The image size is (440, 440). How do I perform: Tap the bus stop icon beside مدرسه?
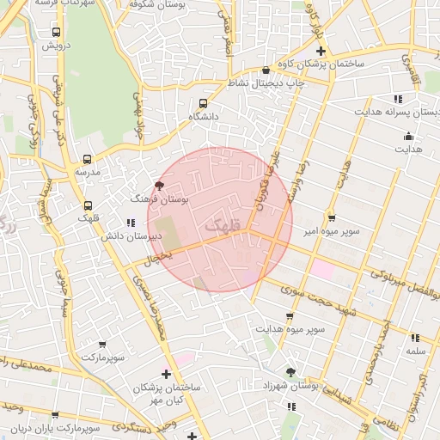pyautogui.click(x=87, y=159)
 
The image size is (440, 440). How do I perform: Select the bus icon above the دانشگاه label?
pyautogui.click(x=203, y=102)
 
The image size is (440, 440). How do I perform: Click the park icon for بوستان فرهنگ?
pyautogui.click(x=159, y=185)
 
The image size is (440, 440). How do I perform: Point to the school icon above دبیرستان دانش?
pyautogui.click(x=131, y=223)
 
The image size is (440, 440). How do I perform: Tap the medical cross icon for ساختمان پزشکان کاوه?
pyautogui.click(x=321, y=51)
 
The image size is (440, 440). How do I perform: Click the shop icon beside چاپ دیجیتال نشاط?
pyautogui.click(x=266, y=70)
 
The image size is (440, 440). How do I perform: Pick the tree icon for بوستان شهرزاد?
pyautogui.click(x=290, y=373)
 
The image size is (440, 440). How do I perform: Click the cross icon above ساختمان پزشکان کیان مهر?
pyautogui.click(x=166, y=375)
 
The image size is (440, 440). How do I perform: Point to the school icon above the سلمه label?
pyautogui.click(x=416, y=338)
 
